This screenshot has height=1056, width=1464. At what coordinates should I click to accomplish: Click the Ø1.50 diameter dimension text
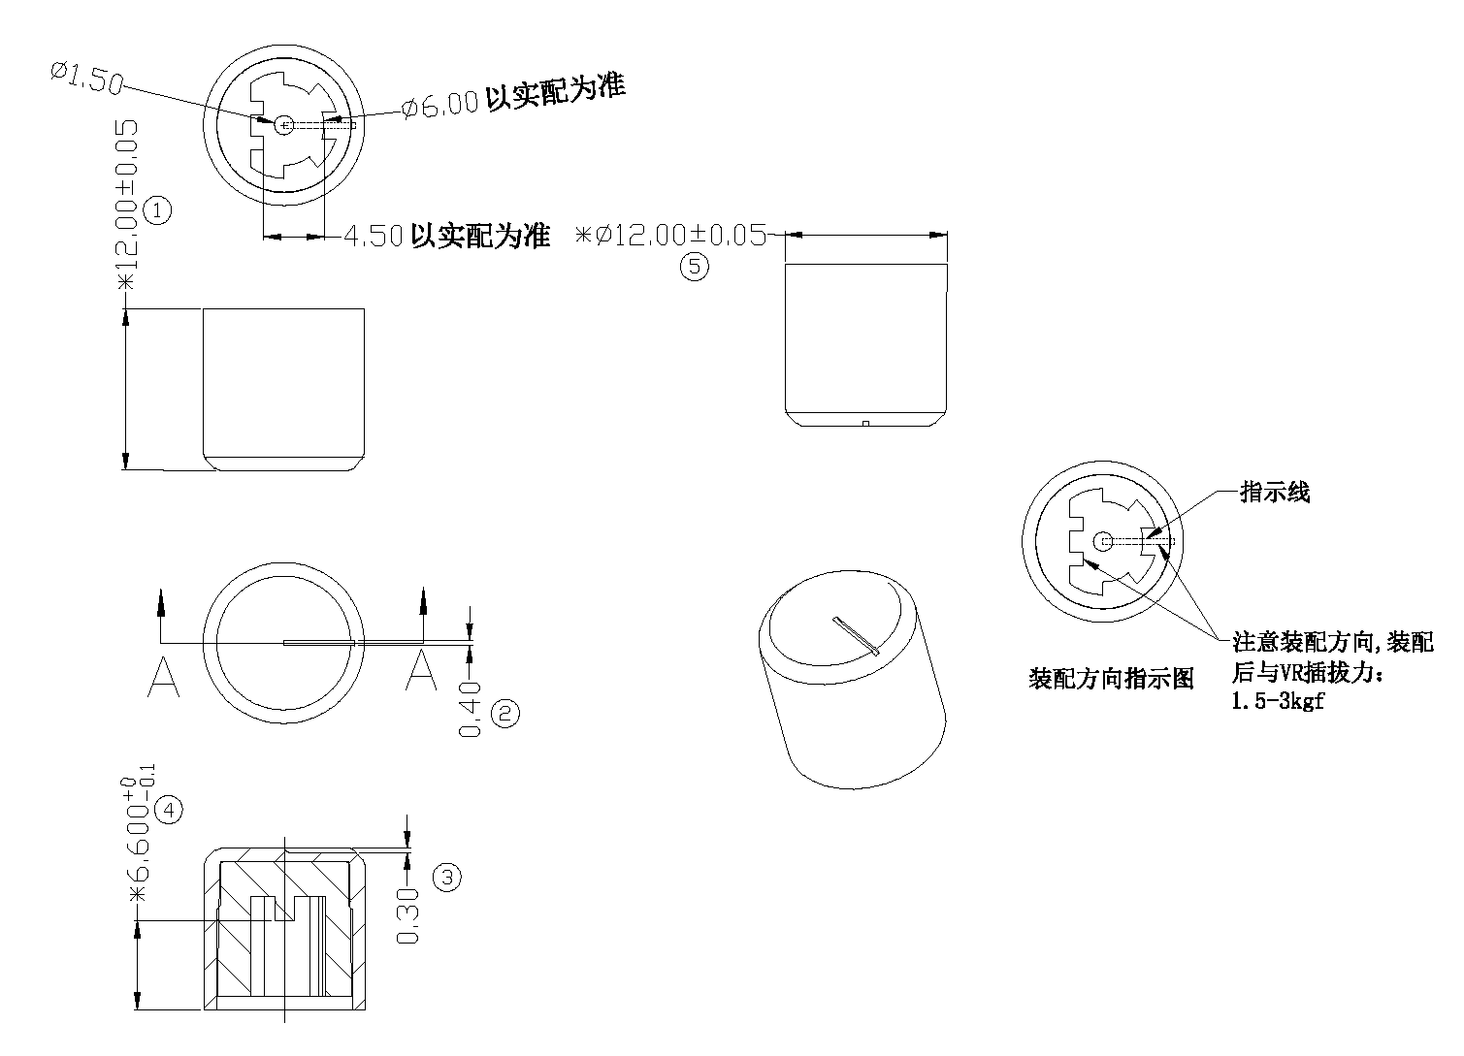86,78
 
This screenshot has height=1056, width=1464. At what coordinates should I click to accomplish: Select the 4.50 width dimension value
374,238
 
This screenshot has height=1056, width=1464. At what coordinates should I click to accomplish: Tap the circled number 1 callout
157,209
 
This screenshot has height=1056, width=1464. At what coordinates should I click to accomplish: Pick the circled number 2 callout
505,715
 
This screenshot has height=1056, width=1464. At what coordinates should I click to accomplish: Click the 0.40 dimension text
472,708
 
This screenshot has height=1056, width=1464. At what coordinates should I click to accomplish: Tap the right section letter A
420,671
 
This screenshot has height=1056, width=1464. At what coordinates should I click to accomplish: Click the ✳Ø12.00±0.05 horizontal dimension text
671,236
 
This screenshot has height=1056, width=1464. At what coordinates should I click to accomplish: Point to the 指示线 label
1275,493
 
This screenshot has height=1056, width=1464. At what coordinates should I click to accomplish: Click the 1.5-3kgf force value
1277,702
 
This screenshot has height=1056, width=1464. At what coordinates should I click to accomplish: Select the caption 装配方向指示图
1111,678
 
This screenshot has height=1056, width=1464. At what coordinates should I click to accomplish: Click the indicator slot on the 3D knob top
856,635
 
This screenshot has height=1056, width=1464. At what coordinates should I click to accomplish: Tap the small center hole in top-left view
283,124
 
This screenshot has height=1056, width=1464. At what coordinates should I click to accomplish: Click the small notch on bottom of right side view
863,423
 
